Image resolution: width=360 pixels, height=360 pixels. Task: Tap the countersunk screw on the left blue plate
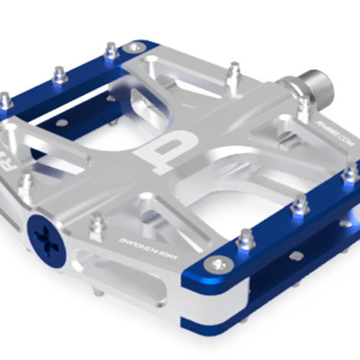[x=135, y=47]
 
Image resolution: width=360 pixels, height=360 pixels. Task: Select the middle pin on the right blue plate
[x=300, y=205]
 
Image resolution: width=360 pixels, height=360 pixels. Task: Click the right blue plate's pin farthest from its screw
[x=351, y=173]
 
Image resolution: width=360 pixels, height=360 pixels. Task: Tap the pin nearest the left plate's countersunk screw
[x=111, y=51]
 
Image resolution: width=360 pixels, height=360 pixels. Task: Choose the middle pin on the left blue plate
[x=60, y=76]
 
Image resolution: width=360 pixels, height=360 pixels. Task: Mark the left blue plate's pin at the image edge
[x=5, y=100]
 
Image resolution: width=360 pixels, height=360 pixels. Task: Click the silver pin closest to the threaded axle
[x=305, y=105]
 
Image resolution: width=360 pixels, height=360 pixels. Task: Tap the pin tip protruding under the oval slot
[x=98, y=292]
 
